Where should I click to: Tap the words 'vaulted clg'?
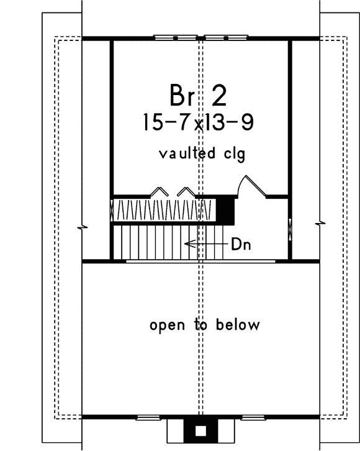pyautogui.click(x=201, y=153)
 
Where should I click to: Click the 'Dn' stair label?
pyautogui.click(x=240, y=244)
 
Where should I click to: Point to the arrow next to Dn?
pyautogui.click(x=205, y=244)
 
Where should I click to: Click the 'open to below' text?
pyautogui.click(x=204, y=325)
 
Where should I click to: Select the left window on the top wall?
pyautogui.click(x=176, y=38)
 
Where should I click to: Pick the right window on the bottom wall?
pyautogui.click(x=257, y=417)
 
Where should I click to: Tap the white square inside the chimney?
pyautogui.click(x=200, y=430)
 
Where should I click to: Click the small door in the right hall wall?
pyautogui.click(x=290, y=228)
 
